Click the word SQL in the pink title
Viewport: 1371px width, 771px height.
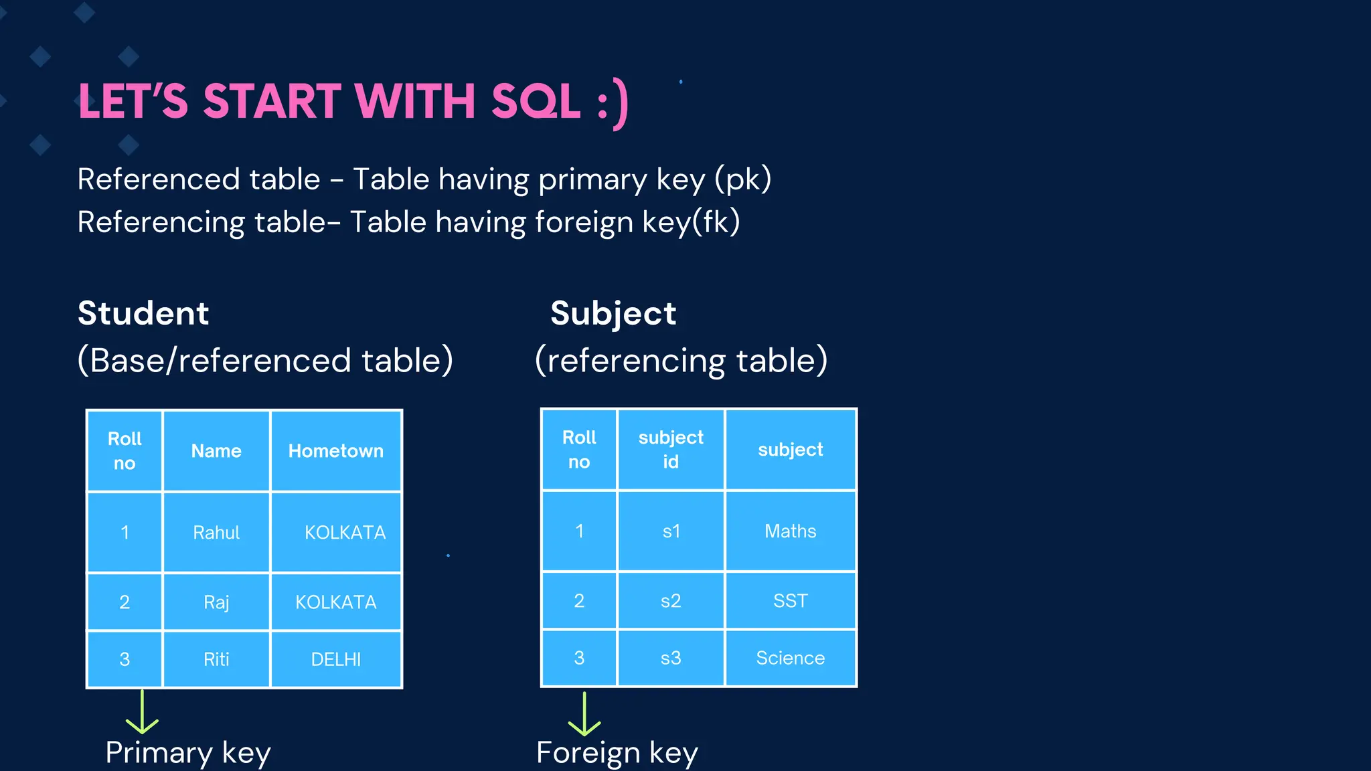tap(536, 102)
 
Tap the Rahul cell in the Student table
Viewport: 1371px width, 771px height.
tap(216, 533)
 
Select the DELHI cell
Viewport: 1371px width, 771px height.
tap(336, 660)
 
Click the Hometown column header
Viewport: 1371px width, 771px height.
tap(336, 451)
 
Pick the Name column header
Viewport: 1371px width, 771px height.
tap(216, 451)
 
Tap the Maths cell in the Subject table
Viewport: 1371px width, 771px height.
tap(790, 531)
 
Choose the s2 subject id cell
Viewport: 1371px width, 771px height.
tap(671, 601)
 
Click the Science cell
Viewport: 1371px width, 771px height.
tap(790, 659)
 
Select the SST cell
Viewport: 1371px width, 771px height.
tap(790, 601)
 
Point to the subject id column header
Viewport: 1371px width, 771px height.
tap(671, 450)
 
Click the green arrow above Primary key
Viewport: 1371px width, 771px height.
tap(143, 713)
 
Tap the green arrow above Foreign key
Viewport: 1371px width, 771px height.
tap(584, 714)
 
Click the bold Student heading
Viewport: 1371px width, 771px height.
tap(143, 313)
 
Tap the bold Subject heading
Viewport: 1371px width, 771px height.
tap(613, 313)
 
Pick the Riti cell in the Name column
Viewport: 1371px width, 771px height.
tap(216, 660)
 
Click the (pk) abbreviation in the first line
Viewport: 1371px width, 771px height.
tap(743, 179)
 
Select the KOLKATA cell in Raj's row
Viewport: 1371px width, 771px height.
tap(336, 602)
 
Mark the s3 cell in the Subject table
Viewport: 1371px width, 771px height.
tap(671, 659)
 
